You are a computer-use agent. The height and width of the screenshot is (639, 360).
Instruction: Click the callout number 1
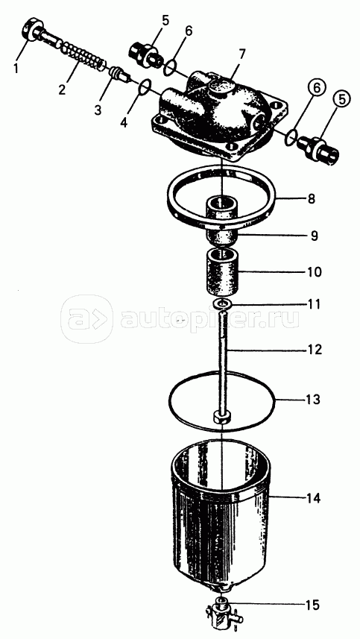16,68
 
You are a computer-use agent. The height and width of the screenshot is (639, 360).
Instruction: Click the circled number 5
341,99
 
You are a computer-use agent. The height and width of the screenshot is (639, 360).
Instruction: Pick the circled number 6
318,87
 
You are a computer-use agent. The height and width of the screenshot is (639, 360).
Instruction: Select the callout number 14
313,498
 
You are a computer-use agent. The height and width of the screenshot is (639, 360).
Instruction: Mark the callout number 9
314,236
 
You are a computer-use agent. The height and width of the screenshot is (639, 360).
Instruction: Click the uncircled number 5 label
165,20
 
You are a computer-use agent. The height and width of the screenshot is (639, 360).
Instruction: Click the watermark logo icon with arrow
87,318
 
